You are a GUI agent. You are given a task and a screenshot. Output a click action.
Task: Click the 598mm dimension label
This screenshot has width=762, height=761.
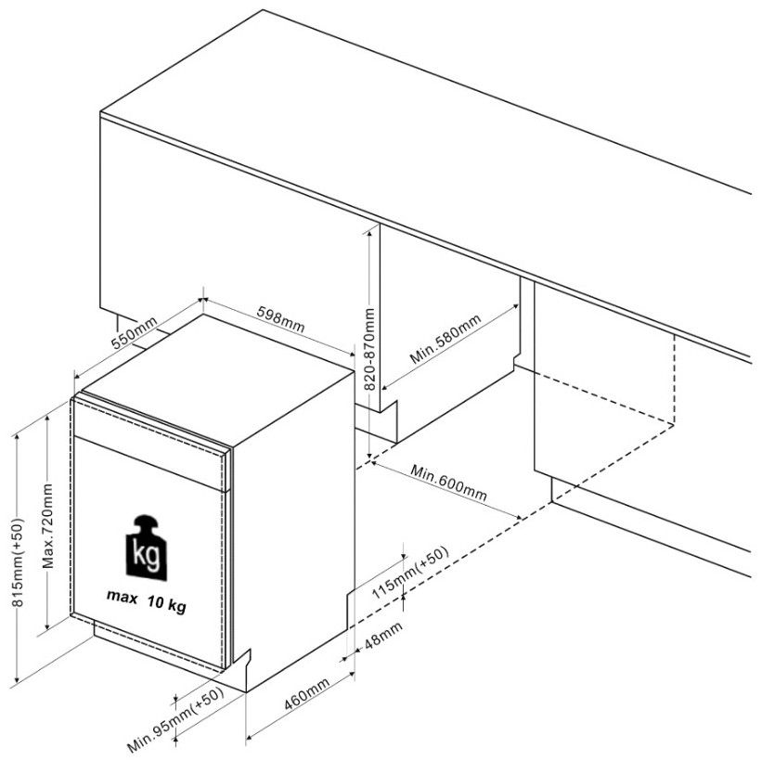tap(281, 319)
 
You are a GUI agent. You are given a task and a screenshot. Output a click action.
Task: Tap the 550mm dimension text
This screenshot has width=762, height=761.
tap(135, 333)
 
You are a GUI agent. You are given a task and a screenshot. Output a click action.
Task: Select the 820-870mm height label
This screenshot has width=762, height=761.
tap(369, 349)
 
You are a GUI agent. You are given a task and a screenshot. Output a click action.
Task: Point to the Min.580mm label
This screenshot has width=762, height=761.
tap(446, 339)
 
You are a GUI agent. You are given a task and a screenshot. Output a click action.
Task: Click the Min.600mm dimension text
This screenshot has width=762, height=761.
tap(448, 483)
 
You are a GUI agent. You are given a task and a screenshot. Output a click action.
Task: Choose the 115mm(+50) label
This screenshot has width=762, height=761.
tap(409, 573)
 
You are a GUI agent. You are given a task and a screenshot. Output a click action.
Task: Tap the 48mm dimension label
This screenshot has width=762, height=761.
tap(383, 636)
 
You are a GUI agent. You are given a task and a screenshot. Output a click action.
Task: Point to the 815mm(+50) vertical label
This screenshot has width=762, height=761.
tap(18, 562)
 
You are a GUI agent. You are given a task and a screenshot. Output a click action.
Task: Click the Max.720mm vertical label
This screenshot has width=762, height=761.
tap(47, 526)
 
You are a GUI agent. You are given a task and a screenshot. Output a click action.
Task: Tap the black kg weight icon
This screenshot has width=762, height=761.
tap(146, 548)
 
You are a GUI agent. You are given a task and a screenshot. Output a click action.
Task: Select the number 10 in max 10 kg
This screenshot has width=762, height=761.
tap(155, 602)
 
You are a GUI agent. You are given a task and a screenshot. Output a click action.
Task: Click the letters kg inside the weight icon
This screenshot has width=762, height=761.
tap(146, 557)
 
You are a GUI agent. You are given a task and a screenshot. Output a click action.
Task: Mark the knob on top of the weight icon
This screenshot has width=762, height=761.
tap(148, 522)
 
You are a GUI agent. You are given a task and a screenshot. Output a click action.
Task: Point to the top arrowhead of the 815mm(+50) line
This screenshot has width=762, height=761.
tap(18, 437)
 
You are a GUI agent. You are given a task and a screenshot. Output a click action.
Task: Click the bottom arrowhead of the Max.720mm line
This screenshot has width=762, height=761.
tap(47, 626)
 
